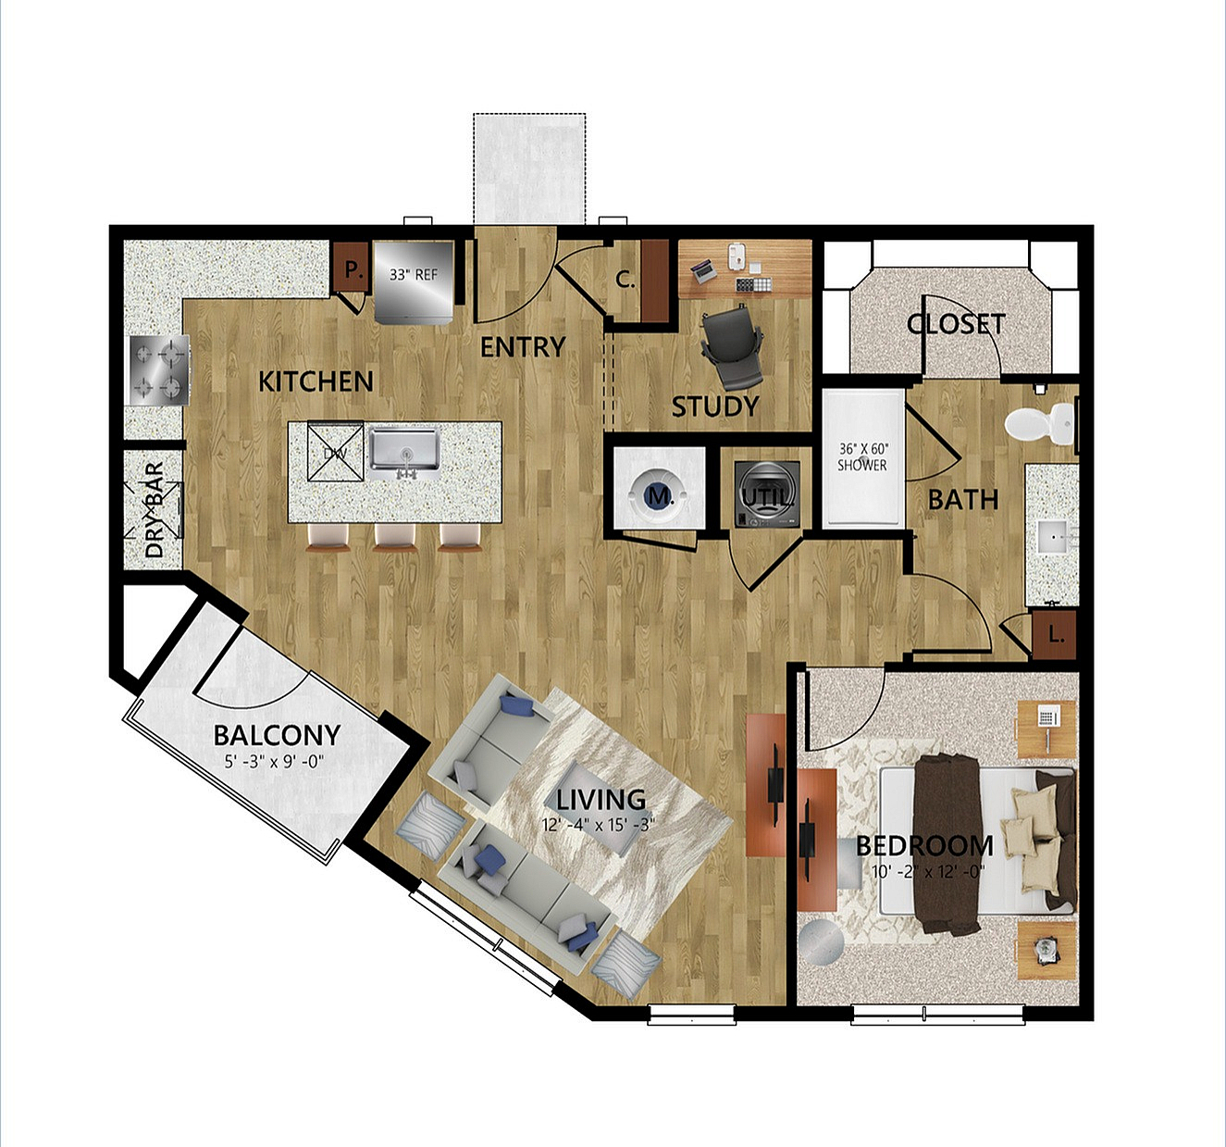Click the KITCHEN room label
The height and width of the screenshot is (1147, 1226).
(316, 381)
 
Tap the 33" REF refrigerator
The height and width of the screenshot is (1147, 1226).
(414, 281)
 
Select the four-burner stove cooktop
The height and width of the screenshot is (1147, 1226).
(158, 370)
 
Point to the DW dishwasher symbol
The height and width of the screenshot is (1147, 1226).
(335, 453)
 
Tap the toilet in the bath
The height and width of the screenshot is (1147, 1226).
(1040, 424)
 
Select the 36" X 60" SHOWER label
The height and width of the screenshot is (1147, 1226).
(861, 457)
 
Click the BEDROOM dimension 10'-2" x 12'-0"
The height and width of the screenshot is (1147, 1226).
(927, 872)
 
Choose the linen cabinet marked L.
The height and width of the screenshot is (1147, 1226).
(1055, 634)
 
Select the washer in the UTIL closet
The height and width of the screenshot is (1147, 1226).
(767, 494)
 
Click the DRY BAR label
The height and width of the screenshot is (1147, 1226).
(155, 510)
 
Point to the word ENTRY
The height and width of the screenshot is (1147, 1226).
(523, 347)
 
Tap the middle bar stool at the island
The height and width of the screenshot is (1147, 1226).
(394, 537)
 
